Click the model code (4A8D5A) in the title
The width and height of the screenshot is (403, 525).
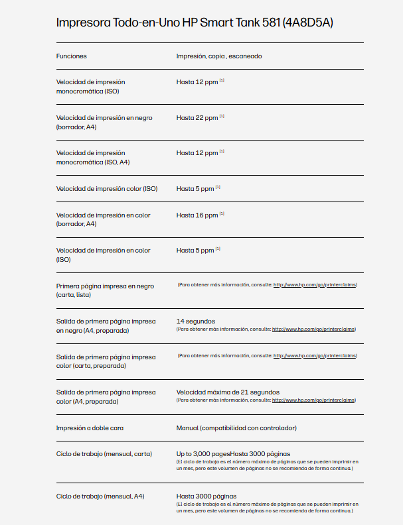point(307,23)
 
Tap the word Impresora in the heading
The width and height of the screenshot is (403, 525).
point(82,23)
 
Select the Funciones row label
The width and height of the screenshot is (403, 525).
point(72,56)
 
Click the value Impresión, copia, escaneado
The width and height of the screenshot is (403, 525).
point(219,56)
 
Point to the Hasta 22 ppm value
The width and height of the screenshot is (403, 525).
point(197,118)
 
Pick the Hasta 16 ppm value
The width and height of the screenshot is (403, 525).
point(197,215)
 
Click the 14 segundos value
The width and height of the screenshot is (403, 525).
point(196,321)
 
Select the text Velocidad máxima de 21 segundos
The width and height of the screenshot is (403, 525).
point(228,392)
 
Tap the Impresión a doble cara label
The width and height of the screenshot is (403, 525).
point(90,428)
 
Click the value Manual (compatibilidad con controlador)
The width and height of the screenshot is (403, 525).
point(236,428)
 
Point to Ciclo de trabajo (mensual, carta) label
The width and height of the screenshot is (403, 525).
point(105,454)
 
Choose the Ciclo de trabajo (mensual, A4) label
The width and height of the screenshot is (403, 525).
point(100,496)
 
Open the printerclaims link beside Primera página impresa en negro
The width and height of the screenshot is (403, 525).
point(315,285)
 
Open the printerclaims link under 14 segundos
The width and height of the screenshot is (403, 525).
point(314,329)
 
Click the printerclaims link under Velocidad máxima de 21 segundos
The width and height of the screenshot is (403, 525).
point(314,400)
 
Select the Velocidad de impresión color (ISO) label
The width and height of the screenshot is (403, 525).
point(107,189)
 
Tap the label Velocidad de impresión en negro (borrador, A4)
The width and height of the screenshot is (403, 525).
point(104,122)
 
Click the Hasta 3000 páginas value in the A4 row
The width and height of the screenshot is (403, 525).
point(206,496)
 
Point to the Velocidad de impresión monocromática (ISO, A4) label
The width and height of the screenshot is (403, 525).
point(93,157)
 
